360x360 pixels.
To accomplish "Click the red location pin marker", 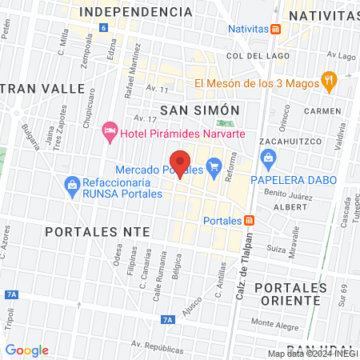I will pos(180,162).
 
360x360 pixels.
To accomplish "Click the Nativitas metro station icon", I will pos(275,29).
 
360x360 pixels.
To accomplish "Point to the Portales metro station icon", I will pos(250,220).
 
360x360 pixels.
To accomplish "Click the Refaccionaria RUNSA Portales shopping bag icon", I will pos(73,185).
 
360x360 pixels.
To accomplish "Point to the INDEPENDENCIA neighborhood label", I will pos(138,12).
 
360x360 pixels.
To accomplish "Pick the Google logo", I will pos(26,350).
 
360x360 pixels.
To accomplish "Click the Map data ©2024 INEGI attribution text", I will pos(313,354).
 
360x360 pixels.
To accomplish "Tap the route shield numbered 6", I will pos(103,28).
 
